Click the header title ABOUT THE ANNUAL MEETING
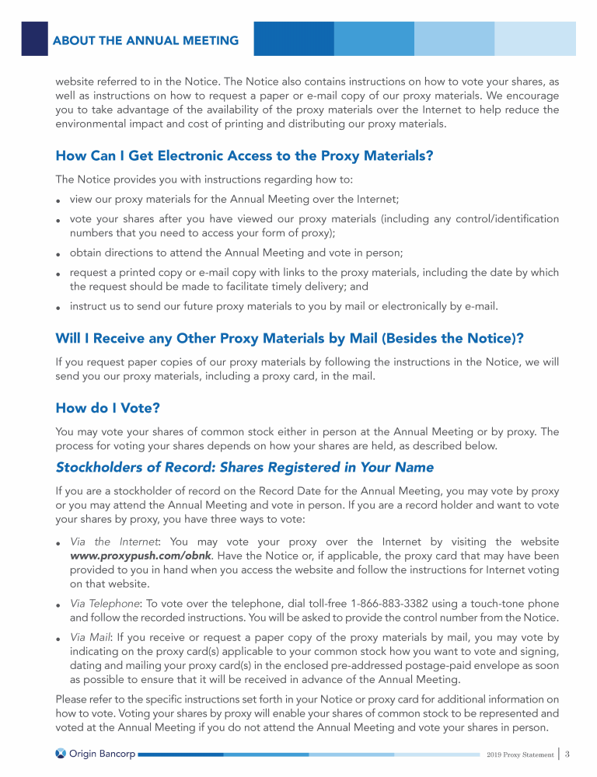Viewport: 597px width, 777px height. pos(145,40)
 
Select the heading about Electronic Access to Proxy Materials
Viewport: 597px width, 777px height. pos(244,155)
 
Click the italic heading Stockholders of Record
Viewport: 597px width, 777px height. pos(244,467)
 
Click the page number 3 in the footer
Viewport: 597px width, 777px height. pos(568,753)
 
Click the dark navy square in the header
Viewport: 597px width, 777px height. pos(34,39)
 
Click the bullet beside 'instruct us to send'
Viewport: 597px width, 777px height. pos(59,307)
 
